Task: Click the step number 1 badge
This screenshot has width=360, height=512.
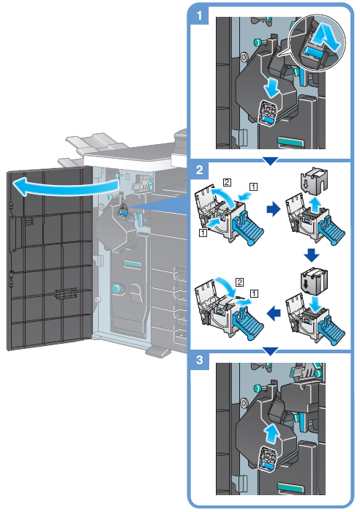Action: coord(200,15)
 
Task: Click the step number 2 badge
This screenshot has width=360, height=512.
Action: coord(200,170)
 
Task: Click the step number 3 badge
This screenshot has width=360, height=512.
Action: coord(200,361)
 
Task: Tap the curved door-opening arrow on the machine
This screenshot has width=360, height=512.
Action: coord(65,187)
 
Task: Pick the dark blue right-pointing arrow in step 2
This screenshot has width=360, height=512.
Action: coord(274,209)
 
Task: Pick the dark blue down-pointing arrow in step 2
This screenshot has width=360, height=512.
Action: coord(311,255)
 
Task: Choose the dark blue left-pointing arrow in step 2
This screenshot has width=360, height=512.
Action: coord(274,314)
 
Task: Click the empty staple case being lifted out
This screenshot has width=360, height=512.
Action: coord(314,180)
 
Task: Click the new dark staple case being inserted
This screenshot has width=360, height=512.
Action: coord(314,281)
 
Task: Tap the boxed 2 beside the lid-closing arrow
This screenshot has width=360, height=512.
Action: coord(239,282)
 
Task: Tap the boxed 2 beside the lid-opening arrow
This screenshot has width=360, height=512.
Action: coord(227,182)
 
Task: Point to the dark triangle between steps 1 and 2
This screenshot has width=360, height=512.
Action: coord(271,161)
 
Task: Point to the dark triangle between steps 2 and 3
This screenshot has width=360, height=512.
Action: coord(271,351)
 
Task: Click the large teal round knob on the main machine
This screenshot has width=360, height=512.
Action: coord(116,288)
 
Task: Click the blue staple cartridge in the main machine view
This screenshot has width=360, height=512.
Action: coord(123,213)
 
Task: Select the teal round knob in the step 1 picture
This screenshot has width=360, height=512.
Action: coord(258,42)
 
